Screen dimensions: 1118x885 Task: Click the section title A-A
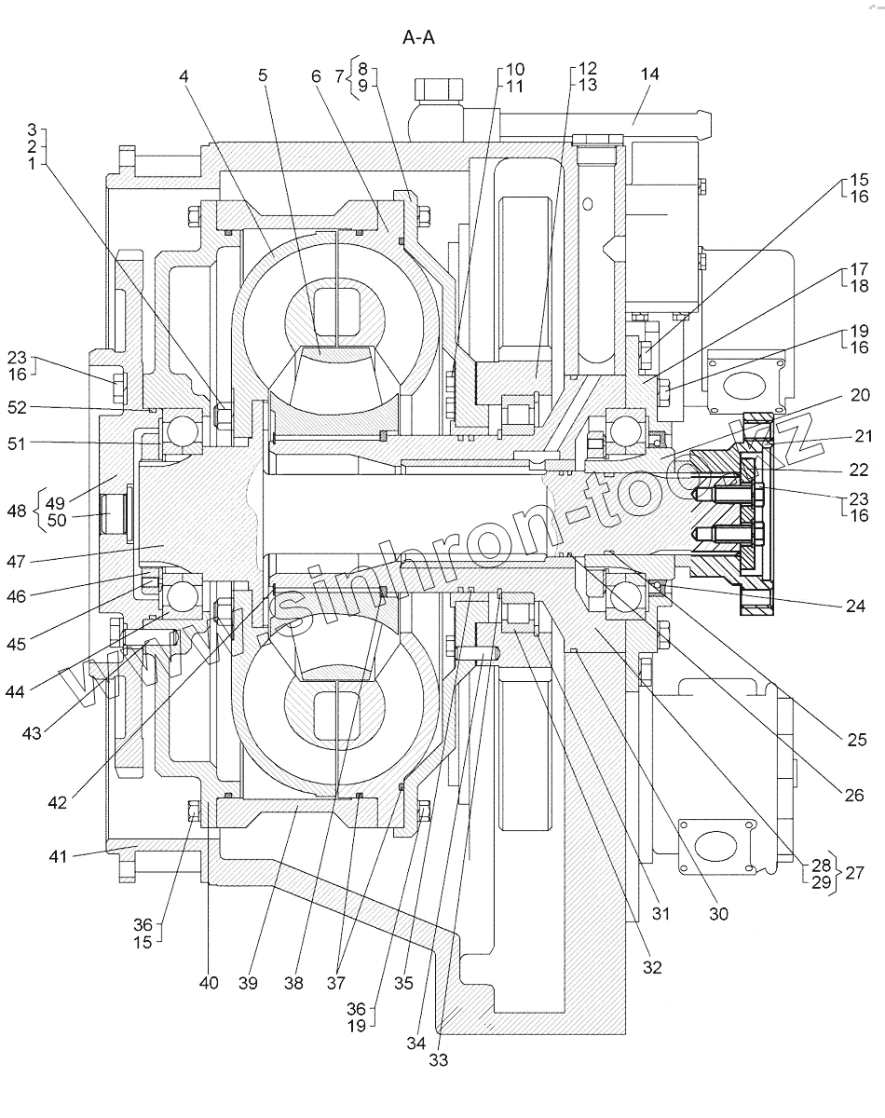pyautogui.click(x=419, y=37)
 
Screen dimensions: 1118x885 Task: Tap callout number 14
pyautogui.click(x=649, y=75)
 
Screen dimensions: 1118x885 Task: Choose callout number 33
pyautogui.click(x=438, y=1059)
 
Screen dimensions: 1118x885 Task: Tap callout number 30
pyautogui.click(x=717, y=914)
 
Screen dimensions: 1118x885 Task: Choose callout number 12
pyautogui.click(x=587, y=69)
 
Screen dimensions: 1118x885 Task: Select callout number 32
pyautogui.click(x=651, y=967)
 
